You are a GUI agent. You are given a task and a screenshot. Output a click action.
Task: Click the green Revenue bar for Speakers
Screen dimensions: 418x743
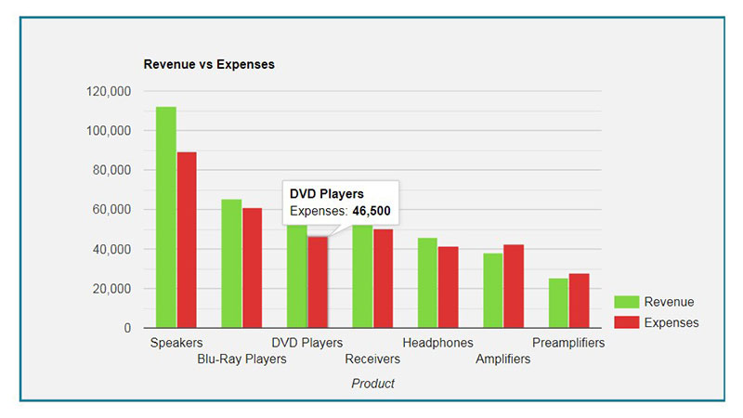[x=166, y=217]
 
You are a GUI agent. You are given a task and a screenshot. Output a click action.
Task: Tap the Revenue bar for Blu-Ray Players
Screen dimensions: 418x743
[x=231, y=264]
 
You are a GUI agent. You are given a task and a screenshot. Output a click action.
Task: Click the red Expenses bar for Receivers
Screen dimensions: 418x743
[x=383, y=279]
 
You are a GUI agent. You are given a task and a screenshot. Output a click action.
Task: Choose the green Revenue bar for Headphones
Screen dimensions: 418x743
[x=427, y=283]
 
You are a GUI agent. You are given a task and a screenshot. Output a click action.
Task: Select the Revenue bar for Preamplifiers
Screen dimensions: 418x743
[x=558, y=303]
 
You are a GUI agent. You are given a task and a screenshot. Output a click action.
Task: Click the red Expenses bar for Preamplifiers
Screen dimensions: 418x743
[x=579, y=300]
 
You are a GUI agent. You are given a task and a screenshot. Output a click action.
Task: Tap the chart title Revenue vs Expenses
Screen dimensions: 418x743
[x=209, y=65]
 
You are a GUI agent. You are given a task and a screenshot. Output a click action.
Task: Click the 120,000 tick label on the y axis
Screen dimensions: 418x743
[x=109, y=92]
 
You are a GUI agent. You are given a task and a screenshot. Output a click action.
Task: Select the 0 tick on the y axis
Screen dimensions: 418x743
[x=126, y=328]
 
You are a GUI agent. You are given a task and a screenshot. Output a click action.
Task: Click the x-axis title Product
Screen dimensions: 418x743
[x=372, y=384]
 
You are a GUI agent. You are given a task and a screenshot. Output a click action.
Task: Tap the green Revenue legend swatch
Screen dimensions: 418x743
[x=627, y=302]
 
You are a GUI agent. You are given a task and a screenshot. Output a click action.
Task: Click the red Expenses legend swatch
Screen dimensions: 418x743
[x=627, y=322]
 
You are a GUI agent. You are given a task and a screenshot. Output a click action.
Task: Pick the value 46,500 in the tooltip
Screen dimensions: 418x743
[x=371, y=212]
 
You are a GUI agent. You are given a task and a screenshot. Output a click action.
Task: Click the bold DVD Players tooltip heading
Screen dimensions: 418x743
[x=327, y=193]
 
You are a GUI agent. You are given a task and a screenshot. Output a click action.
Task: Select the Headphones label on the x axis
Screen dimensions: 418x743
[x=437, y=343]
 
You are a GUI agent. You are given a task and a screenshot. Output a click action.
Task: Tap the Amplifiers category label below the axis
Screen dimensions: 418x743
[x=503, y=359]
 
